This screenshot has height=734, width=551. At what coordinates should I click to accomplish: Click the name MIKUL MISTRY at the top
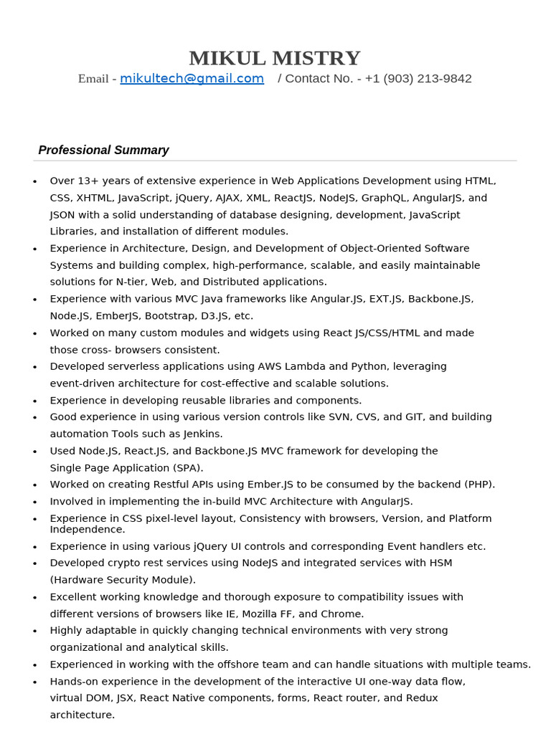coord(275,58)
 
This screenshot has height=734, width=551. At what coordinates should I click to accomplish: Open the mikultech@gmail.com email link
coord(192,79)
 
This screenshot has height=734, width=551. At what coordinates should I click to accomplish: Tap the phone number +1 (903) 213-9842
coord(418,79)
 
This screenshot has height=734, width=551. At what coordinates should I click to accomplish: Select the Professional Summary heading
coord(103,151)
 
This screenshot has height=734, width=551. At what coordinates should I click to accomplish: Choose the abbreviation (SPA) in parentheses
coord(184,467)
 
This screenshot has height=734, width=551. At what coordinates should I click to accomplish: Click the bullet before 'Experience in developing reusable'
coord(35,401)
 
